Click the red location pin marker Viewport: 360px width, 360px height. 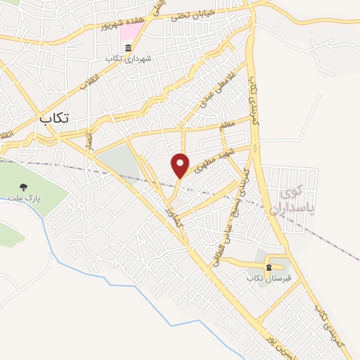point(181,165)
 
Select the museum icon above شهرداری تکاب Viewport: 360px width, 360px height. point(127,49)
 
